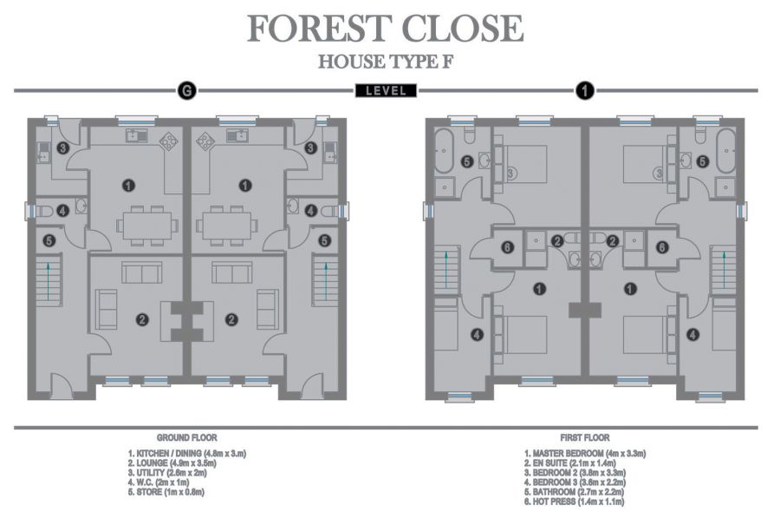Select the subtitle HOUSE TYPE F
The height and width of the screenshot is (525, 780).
386,62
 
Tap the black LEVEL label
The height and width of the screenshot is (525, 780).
386,90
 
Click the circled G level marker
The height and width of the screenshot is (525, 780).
185,90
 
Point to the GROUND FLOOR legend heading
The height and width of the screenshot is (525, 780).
186,438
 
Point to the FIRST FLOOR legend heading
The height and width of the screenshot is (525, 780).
585,438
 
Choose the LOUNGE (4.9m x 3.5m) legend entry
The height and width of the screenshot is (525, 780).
172,463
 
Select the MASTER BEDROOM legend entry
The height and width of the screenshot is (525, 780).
585,454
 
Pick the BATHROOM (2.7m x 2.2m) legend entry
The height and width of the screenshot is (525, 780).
579,492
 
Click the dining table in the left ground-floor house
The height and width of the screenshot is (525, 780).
146,225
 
